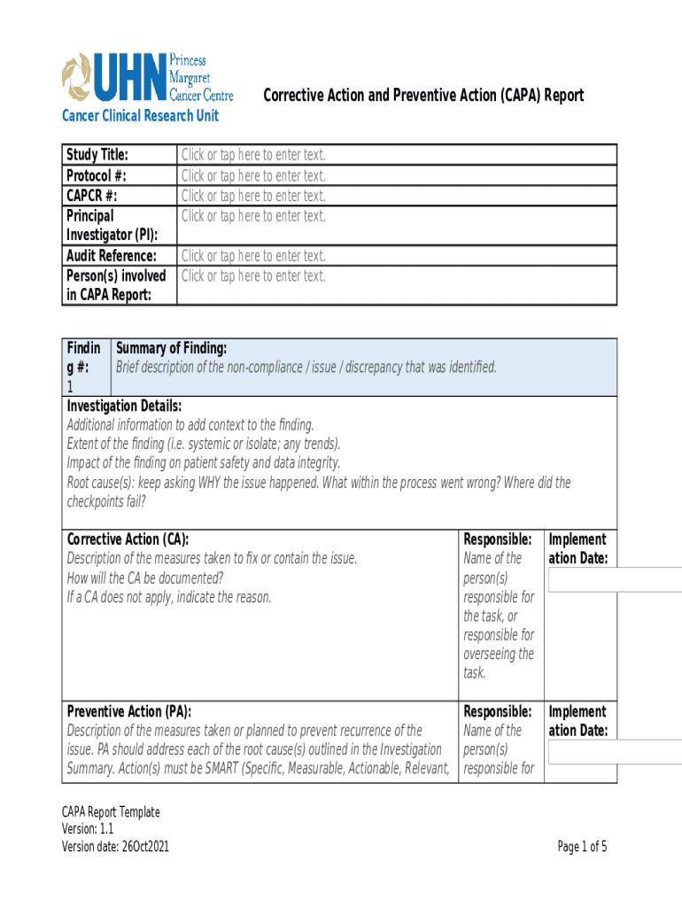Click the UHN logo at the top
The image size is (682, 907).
(x=146, y=78)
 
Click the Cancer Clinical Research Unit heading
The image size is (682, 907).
(x=139, y=116)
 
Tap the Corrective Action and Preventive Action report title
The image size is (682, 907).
(x=423, y=96)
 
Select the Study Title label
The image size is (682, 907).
(x=97, y=156)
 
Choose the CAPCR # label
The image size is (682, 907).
(x=92, y=196)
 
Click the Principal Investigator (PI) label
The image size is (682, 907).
(x=112, y=225)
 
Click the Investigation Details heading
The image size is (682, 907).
(x=125, y=406)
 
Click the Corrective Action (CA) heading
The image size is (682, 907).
(x=128, y=539)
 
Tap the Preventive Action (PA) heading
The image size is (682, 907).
(x=129, y=711)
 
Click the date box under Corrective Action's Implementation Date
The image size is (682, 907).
(x=615, y=579)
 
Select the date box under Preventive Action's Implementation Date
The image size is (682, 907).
(x=615, y=752)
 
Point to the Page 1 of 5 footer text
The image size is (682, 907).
(x=582, y=847)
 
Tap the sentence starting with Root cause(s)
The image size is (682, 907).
(x=319, y=483)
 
